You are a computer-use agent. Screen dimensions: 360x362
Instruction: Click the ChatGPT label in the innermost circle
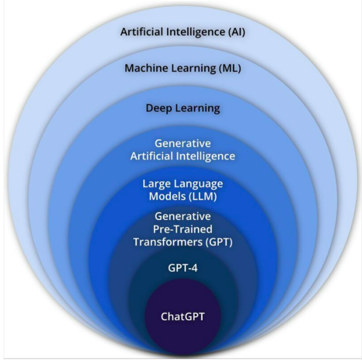coord(182,317)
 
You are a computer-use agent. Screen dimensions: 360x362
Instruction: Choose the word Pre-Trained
coord(182,229)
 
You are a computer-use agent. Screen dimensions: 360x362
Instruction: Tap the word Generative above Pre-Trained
coord(182,216)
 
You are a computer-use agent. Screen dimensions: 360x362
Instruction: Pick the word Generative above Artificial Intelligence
coord(182,144)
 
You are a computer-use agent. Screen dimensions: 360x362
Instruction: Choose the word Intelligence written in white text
coord(206,156)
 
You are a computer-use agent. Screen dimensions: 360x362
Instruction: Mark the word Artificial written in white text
coord(153,156)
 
